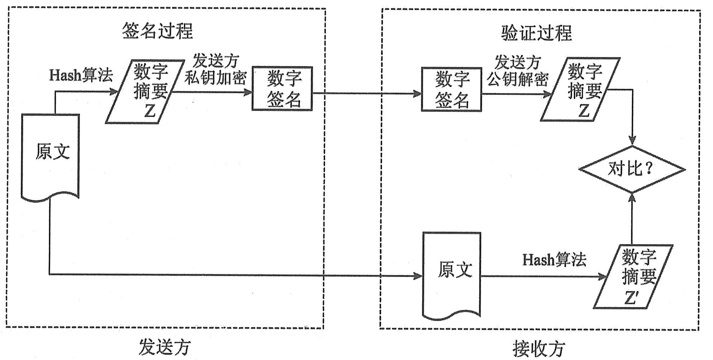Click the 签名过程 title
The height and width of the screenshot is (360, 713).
click(x=157, y=31)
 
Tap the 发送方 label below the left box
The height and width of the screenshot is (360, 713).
click(x=165, y=347)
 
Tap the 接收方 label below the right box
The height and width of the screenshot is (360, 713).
click(x=539, y=349)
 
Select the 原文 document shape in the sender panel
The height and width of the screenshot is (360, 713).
click(x=51, y=154)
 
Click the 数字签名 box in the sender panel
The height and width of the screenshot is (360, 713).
click(x=283, y=89)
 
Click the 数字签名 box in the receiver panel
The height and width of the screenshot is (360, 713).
click(x=452, y=90)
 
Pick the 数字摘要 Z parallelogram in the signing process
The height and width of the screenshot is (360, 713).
click(x=145, y=92)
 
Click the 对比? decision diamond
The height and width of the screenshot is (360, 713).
click(x=632, y=169)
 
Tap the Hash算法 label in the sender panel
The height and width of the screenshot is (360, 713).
click(x=81, y=75)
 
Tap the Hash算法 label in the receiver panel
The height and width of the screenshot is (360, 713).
click(x=554, y=260)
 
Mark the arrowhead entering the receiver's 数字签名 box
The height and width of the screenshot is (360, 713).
click(x=417, y=94)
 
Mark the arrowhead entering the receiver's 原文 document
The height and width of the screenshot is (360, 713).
click(x=418, y=276)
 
